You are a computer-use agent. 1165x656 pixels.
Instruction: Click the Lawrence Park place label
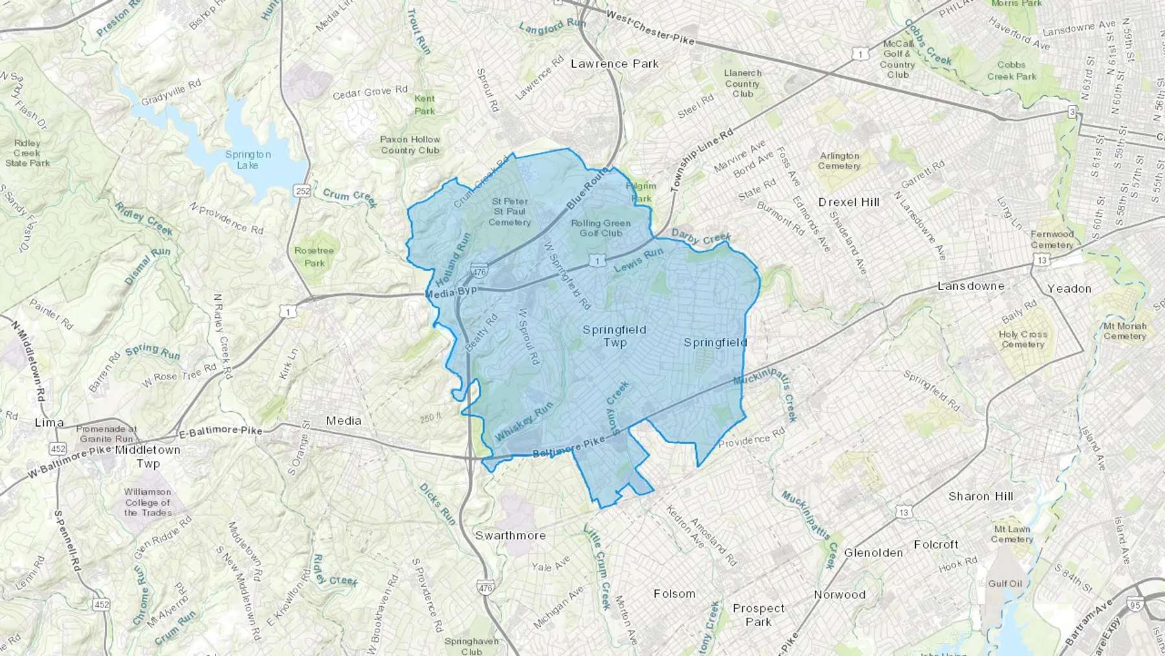[614, 63]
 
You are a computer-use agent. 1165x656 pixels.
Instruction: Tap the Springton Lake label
[248, 160]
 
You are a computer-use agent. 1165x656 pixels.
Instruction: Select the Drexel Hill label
[849, 202]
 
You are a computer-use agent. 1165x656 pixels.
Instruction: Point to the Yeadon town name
[1069, 289]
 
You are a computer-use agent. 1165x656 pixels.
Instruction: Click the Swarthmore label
[511, 536]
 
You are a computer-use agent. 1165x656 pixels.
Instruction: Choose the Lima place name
[49, 423]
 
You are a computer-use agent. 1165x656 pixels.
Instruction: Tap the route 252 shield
[302, 191]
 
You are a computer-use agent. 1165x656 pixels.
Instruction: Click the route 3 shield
[1072, 113]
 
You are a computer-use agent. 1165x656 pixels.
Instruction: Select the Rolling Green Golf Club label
[601, 228]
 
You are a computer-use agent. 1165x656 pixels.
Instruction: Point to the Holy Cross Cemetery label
[1023, 339]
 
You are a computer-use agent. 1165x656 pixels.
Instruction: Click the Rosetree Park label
[314, 256]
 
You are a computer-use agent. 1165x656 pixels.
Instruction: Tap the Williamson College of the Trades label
[148, 503]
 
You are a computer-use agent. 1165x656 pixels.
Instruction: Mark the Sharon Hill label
[981, 497]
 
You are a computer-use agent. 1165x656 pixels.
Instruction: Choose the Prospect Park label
[758, 615]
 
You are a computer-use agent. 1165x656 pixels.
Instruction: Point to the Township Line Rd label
[702, 159]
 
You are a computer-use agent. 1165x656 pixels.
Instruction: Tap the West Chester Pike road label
[650, 29]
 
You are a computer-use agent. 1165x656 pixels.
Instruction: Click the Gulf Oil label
[1005, 583]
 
